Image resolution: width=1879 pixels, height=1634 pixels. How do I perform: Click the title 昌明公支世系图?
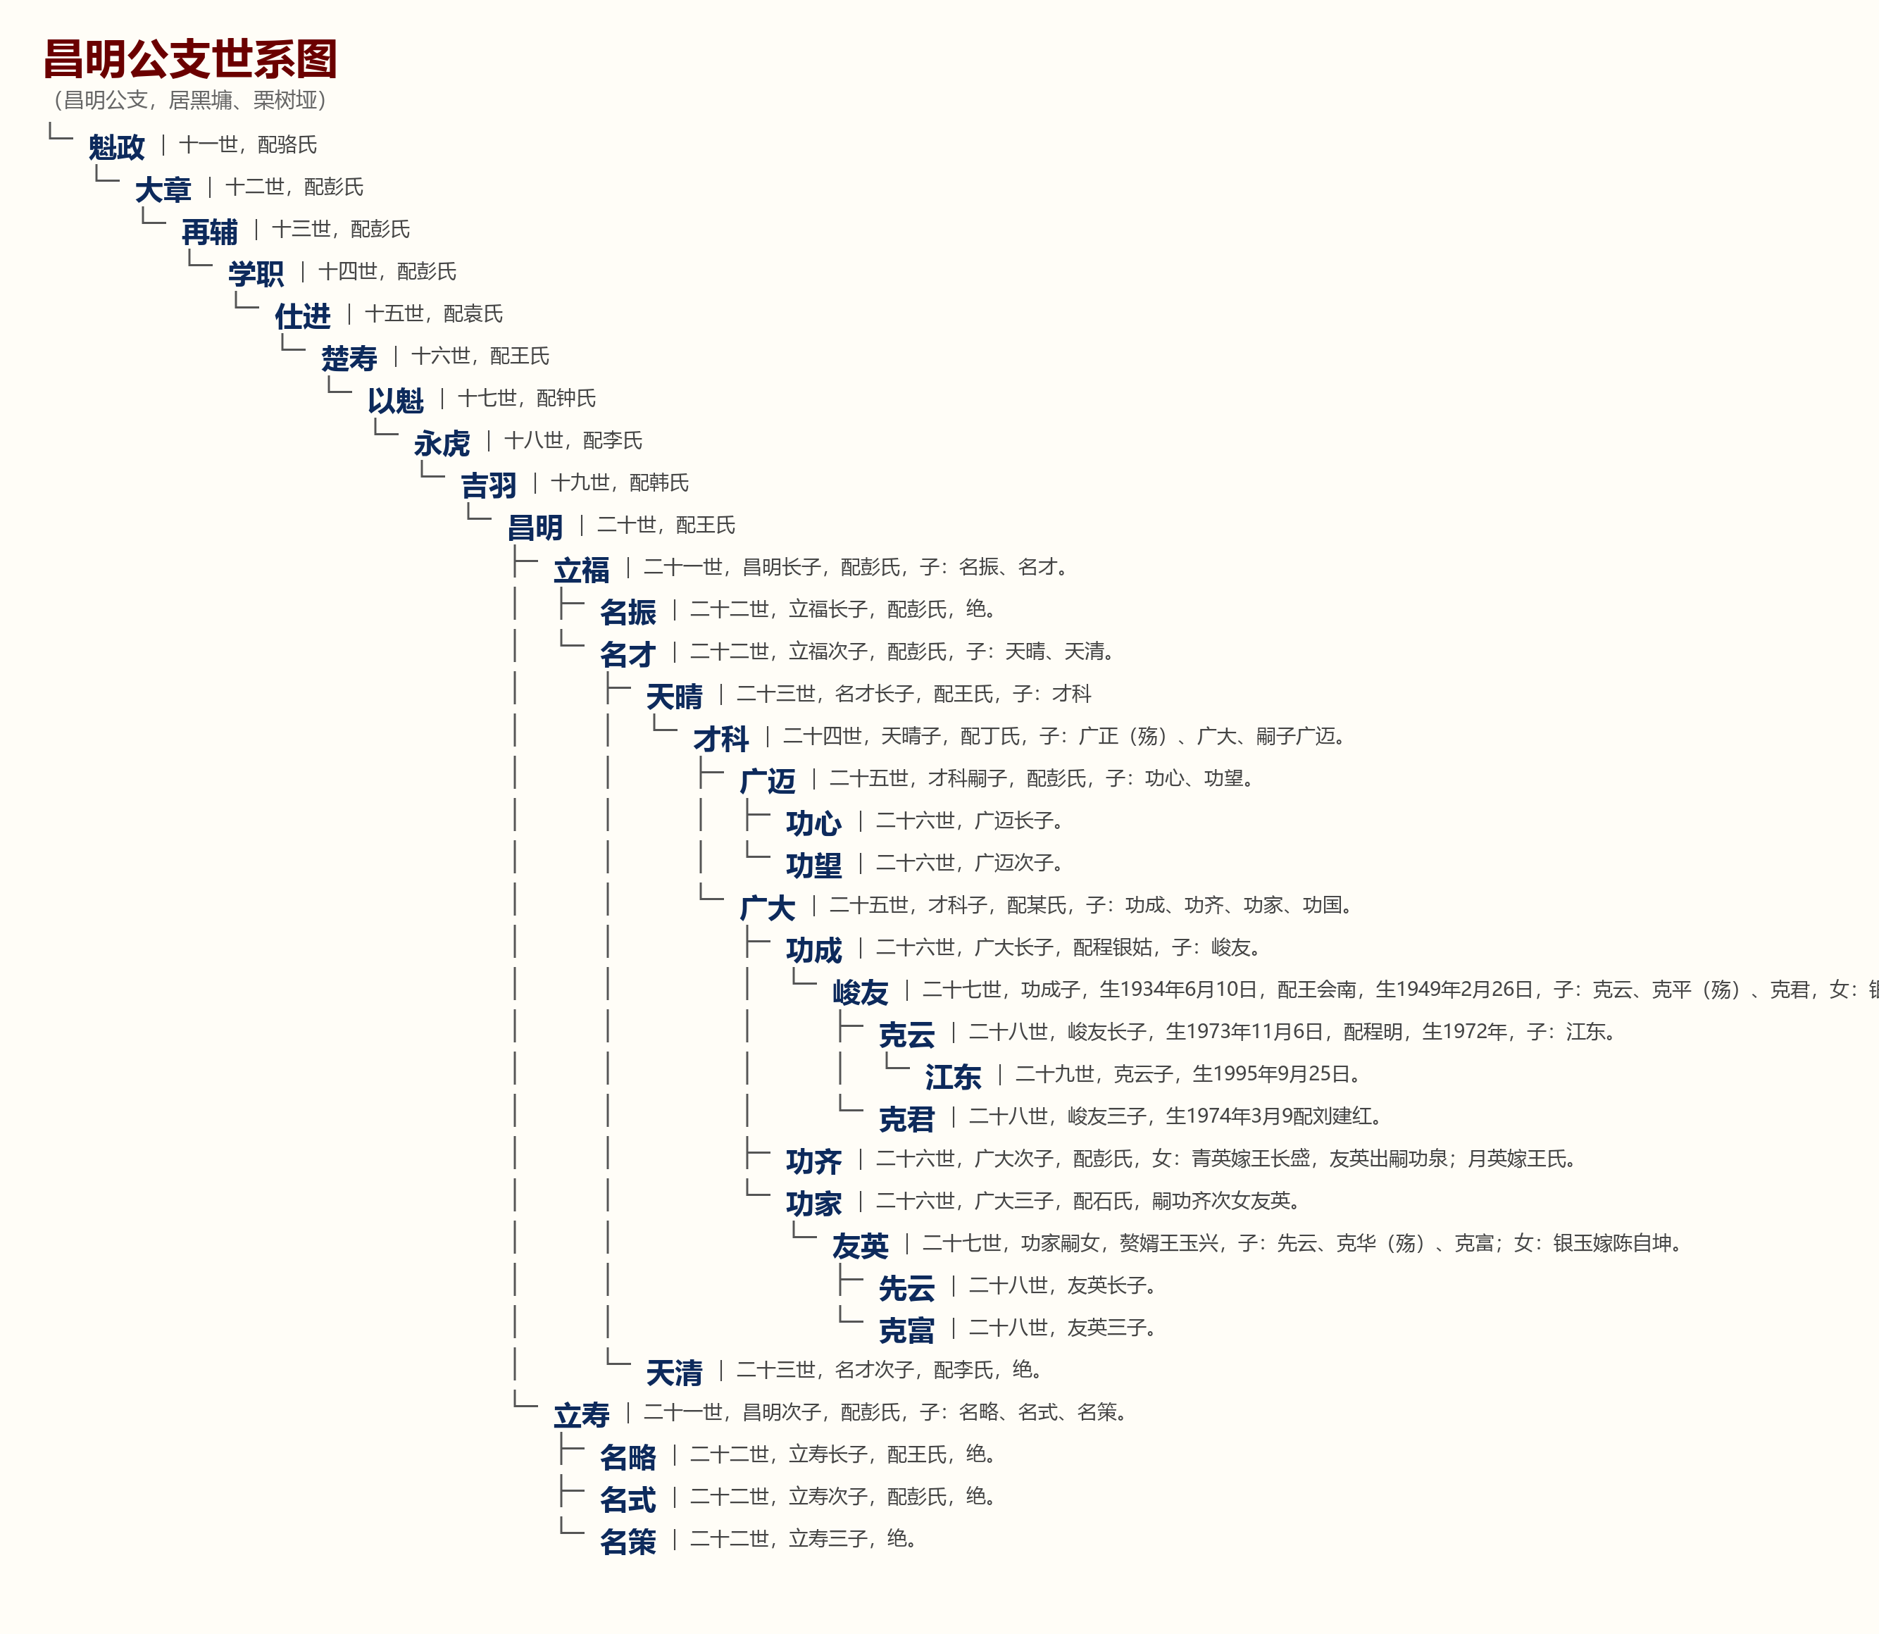[x=191, y=59]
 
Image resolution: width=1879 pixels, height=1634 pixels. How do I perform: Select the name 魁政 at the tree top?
[x=117, y=146]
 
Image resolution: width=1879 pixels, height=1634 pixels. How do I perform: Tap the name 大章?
[x=163, y=189]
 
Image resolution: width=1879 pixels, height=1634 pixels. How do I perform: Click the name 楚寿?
[x=349, y=358]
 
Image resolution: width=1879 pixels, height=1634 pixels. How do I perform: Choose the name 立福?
[x=582, y=570]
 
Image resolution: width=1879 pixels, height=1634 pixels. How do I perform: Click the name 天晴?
[x=675, y=697]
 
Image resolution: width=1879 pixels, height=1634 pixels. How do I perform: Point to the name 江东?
[x=954, y=1077]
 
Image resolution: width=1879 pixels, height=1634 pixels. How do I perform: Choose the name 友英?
[x=861, y=1245]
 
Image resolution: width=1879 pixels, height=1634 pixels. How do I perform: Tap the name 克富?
[x=907, y=1330]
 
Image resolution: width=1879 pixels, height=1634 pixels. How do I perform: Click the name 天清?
[x=675, y=1372]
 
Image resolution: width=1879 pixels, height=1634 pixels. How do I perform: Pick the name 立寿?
[x=582, y=1415]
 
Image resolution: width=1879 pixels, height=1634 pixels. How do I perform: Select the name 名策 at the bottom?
[x=628, y=1542]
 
